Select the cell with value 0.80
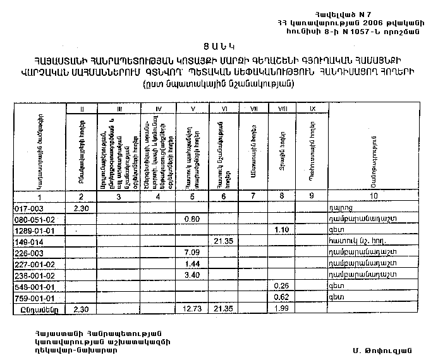191,219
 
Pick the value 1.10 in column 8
283,231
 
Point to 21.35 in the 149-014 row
224,242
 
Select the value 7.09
191,253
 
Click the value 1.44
191,265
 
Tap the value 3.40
191,276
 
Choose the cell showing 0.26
283,287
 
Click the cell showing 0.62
283,299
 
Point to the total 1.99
283,310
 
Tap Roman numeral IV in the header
159,109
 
